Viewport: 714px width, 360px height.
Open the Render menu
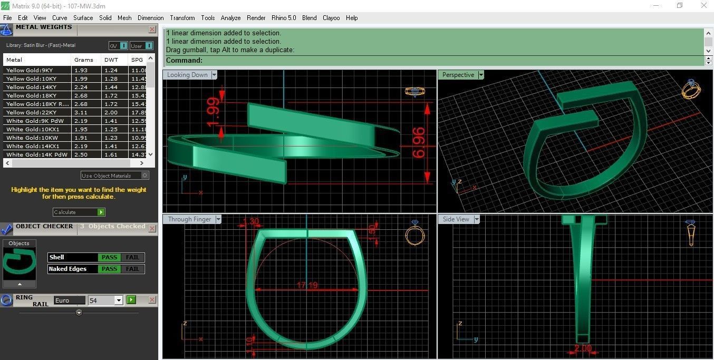[256, 18]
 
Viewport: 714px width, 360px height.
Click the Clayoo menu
[331, 18]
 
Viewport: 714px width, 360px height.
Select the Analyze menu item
[230, 18]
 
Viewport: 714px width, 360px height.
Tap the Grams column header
[84, 60]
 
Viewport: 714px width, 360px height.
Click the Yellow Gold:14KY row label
[32, 87]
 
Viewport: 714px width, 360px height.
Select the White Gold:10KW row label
[32, 138]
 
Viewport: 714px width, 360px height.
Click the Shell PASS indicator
[109, 257]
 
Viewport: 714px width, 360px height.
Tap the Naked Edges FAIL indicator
[133, 269]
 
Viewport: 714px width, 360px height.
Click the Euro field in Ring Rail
[69, 300]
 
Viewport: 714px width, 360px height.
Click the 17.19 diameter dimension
[307, 285]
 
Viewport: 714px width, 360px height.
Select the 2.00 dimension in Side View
[582, 348]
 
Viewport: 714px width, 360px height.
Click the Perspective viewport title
[458, 75]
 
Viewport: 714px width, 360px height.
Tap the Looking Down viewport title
[187, 75]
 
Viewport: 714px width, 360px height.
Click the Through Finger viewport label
[189, 219]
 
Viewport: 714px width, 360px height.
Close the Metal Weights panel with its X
[152, 30]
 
